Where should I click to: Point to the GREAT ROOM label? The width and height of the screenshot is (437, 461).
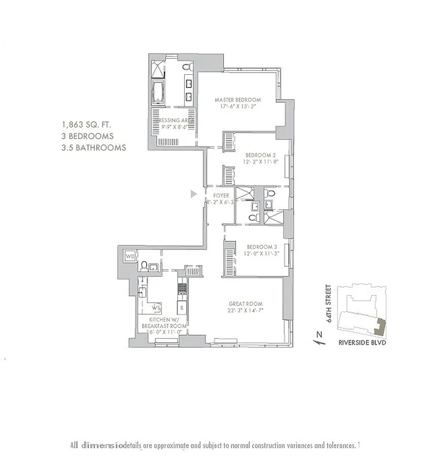245,304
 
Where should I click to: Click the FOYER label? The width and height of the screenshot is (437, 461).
221,195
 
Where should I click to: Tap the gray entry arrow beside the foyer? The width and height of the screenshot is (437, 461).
194,194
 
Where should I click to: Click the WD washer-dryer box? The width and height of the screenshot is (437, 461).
130,255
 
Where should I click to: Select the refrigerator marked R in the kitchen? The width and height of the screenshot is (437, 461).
181,307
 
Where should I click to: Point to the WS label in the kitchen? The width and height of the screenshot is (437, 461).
155,307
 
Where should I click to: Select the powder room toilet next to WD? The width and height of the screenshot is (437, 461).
143,266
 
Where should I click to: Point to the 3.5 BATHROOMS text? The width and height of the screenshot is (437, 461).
94,148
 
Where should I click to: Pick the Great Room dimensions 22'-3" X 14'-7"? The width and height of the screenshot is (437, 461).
245,312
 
